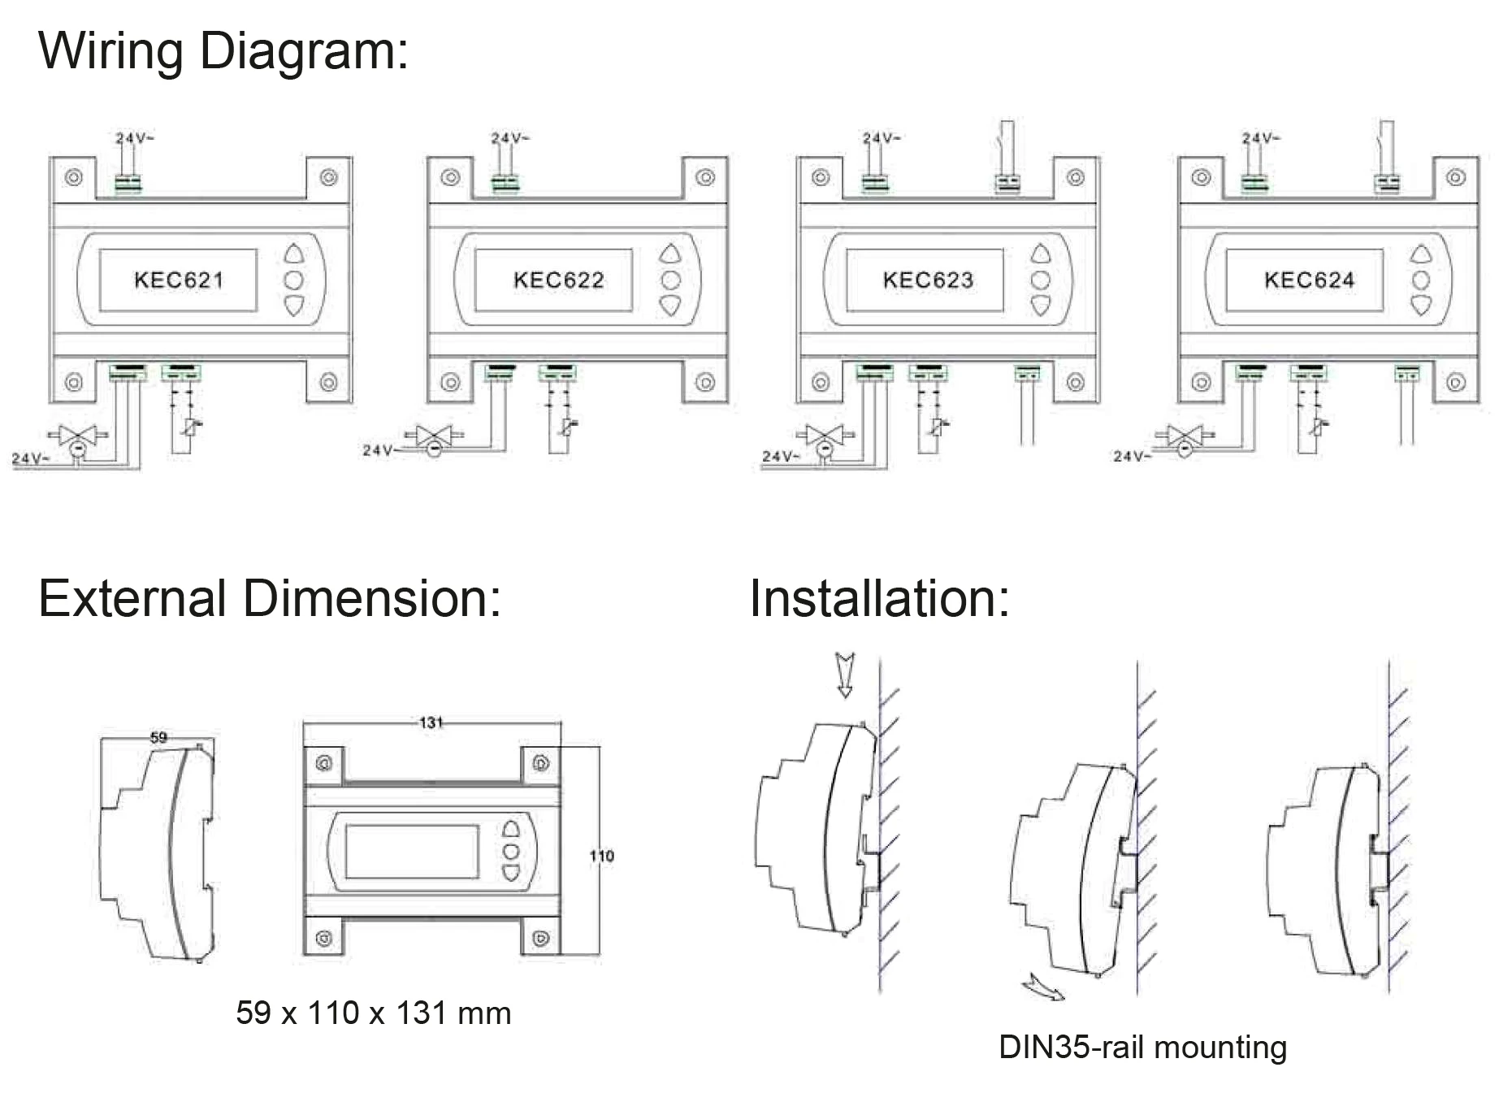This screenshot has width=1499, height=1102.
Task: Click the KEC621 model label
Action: click(178, 280)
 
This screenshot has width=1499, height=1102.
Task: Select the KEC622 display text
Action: click(558, 280)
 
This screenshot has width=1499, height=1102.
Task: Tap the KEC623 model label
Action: click(928, 280)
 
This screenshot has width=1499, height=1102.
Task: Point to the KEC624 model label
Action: click(1309, 280)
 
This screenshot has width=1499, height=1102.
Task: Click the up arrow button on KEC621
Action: click(294, 254)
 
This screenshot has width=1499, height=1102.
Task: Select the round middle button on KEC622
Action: click(670, 280)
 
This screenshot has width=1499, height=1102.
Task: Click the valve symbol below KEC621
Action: click(78, 436)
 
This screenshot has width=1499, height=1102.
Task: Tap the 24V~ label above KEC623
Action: click(882, 138)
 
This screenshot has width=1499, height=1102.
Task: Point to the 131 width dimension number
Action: click(431, 722)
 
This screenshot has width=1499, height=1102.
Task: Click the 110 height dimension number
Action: click(601, 856)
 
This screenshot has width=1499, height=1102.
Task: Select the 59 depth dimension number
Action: click(158, 737)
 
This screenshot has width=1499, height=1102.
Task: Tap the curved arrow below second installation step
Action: click(1042, 987)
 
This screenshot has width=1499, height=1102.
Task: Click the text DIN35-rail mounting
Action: click(1142, 1047)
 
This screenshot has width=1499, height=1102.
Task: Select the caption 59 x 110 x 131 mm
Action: click(373, 1013)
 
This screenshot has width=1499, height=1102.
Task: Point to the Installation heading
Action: click(878, 599)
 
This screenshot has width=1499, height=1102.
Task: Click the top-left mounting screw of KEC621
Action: click(73, 177)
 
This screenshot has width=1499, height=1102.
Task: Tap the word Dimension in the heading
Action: click(371, 599)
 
